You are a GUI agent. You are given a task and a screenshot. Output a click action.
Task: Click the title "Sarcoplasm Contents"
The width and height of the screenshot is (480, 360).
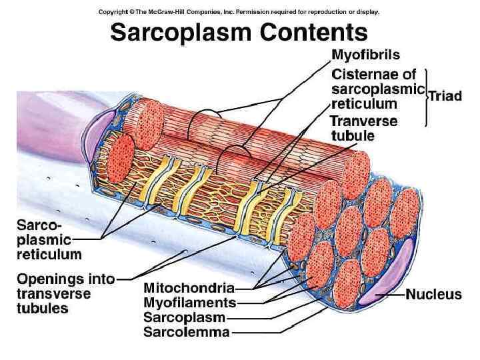tap(239, 32)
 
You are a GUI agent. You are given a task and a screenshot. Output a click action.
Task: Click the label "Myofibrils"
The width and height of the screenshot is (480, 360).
tap(366, 55)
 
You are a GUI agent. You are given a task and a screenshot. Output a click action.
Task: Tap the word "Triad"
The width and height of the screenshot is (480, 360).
tap(445, 96)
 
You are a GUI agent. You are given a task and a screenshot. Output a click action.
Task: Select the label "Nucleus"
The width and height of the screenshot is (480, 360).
tap(434, 294)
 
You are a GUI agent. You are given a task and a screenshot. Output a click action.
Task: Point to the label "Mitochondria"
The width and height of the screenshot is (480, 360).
tap(189, 288)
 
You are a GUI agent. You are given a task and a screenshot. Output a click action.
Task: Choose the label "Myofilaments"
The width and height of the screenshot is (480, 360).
tap(189, 303)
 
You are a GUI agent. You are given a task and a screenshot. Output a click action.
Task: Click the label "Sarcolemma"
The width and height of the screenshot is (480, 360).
tap(187, 331)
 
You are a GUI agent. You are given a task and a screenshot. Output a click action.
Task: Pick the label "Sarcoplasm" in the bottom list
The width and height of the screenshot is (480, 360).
tap(185, 317)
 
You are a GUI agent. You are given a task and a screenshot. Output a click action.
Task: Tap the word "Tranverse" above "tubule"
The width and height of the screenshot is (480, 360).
tap(364, 121)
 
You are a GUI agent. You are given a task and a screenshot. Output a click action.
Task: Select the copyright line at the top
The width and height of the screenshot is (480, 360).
tap(239, 11)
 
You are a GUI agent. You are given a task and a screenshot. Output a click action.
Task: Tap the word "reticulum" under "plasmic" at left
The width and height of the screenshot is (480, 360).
tap(49, 254)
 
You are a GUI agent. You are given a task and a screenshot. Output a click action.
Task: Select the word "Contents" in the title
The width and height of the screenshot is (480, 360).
tap(313, 32)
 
